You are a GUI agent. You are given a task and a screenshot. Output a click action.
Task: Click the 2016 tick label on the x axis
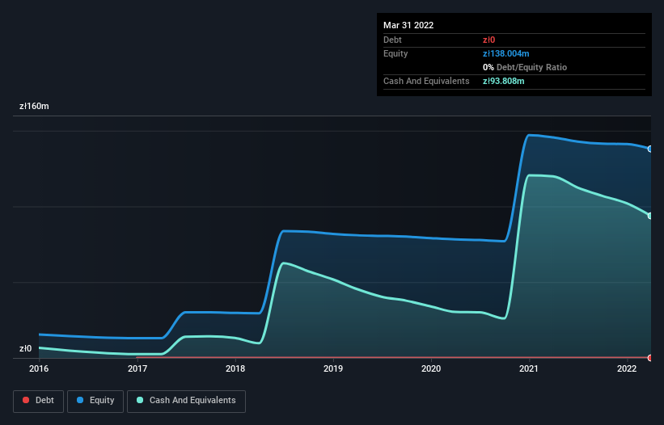pyautogui.click(x=39, y=369)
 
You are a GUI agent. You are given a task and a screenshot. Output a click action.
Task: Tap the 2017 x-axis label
pyautogui.click(x=137, y=369)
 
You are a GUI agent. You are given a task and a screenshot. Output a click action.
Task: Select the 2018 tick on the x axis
pyautogui.click(x=235, y=369)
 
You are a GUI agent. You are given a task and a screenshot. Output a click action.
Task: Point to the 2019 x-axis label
pyautogui.click(x=333, y=369)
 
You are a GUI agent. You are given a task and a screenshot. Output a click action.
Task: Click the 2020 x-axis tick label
pyautogui.click(x=431, y=369)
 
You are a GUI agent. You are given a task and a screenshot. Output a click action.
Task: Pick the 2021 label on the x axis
pyautogui.click(x=529, y=369)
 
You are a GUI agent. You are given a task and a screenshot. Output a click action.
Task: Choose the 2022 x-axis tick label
pyautogui.click(x=627, y=369)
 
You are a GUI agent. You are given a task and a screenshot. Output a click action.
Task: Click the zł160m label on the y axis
pyautogui.click(x=35, y=107)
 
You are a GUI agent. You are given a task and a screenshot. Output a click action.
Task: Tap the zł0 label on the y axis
pyautogui.click(x=26, y=349)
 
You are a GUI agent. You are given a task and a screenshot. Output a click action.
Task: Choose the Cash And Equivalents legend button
pyautogui.click(x=186, y=400)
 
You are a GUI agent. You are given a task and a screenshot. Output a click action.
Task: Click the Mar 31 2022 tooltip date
pyautogui.click(x=408, y=25)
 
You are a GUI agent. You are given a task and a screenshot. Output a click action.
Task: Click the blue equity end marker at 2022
pyautogui.click(x=650, y=149)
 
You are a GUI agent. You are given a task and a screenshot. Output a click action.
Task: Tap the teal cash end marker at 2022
pyautogui.click(x=650, y=215)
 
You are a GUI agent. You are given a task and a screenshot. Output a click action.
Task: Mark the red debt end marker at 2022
pyautogui.click(x=650, y=357)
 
